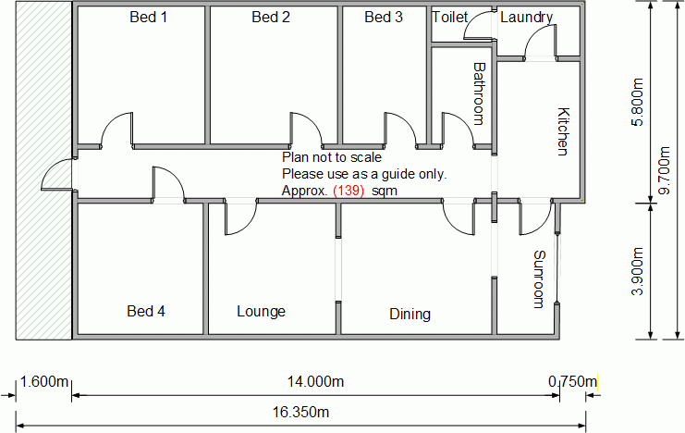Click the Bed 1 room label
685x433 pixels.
click(148, 17)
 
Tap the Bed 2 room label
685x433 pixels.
click(271, 17)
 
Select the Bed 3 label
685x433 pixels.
click(383, 17)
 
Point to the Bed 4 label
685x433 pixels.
click(146, 311)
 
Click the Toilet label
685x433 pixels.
click(449, 17)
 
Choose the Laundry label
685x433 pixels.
click(526, 18)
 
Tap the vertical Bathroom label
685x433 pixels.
click(479, 93)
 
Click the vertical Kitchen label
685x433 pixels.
click(563, 131)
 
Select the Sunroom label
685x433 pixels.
click(540, 279)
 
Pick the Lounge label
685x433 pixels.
click(261, 312)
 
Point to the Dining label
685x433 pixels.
click(410, 314)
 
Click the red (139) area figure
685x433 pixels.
click(349, 191)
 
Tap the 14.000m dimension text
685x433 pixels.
click(315, 382)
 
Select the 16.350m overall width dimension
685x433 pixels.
click(300, 412)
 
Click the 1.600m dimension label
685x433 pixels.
click(44, 382)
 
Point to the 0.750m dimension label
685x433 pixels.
click(573, 382)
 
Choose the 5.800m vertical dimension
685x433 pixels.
click(638, 102)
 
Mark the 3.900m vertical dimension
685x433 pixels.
click(638, 271)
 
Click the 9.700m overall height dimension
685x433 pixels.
click(665, 170)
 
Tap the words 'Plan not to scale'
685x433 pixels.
click(332, 157)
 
